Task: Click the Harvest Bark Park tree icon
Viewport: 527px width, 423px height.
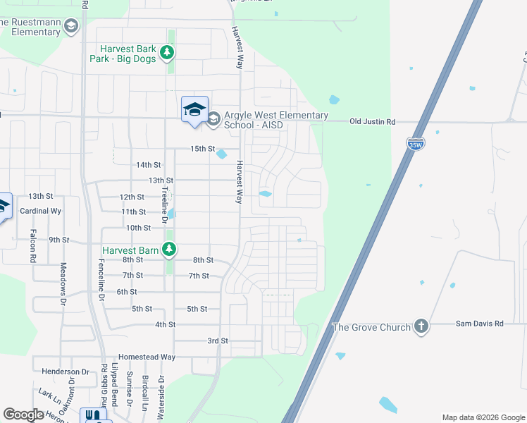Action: click(167, 52)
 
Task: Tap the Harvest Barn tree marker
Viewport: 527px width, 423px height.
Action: click(168, 249)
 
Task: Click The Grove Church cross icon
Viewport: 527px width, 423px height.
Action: click(421, 326)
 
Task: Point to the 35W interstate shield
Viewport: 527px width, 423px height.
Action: click(415, 145)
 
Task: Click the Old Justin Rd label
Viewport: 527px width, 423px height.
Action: click(373, 122)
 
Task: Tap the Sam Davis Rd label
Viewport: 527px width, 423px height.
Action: click(480, 323)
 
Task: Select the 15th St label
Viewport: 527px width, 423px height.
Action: click(202, 149)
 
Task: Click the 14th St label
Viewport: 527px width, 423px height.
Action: click(149, 165)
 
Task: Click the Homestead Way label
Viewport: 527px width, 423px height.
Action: click(147, 357)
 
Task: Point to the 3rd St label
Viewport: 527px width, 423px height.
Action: click(218, 341)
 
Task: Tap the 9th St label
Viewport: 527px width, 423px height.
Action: click(59, 240)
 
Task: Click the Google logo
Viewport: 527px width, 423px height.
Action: click(23, 415)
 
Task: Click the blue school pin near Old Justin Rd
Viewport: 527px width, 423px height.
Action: click(194, 110)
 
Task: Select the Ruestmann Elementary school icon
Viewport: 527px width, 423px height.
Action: click(70, 27)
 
